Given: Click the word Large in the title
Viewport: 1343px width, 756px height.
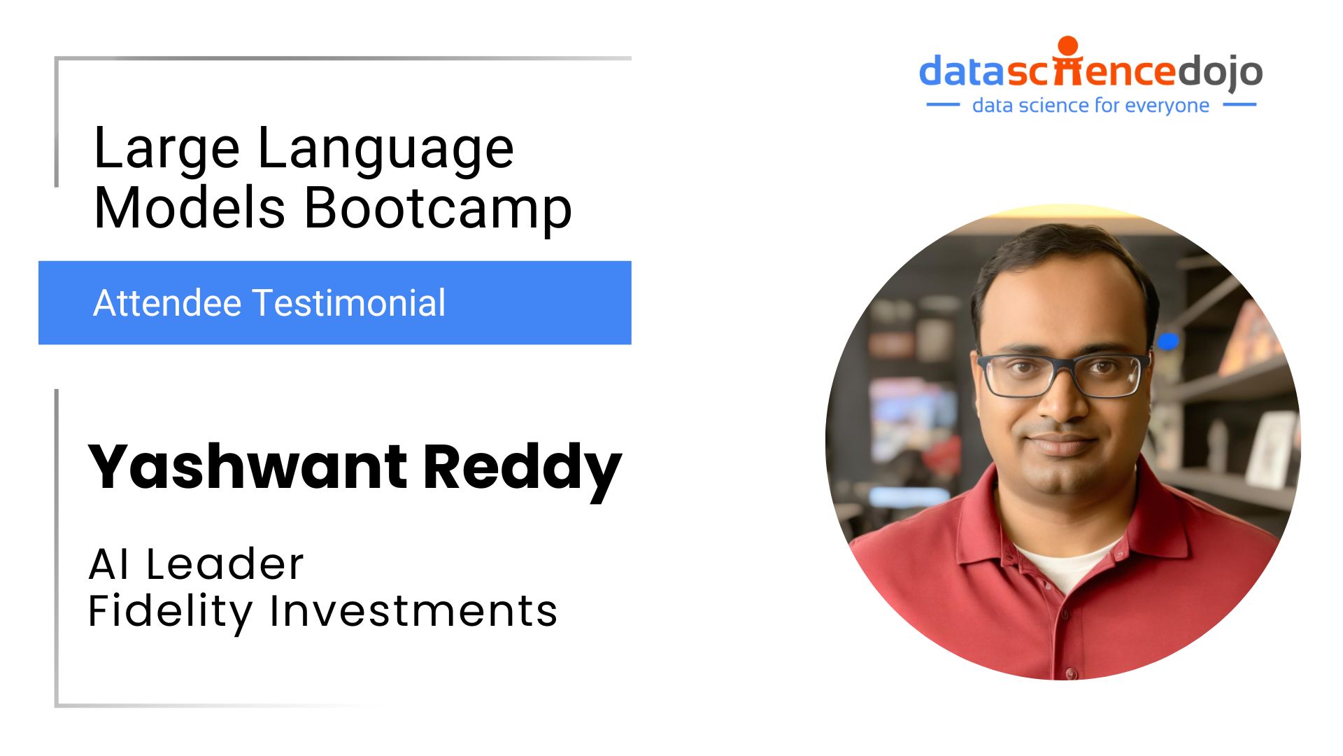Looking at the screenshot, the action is pos(166,150).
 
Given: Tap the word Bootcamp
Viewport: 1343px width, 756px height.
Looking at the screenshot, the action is pos(438,209).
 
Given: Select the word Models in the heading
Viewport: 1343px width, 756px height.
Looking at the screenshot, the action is pos(190,208).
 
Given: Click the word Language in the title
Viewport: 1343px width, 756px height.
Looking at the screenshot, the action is pos(386,150).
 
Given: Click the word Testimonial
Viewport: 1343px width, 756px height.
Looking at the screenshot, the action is pos(349,303).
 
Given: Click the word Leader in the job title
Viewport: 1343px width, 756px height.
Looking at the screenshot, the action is pos(225,564).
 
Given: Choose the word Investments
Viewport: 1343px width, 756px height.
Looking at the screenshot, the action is pos(413,610).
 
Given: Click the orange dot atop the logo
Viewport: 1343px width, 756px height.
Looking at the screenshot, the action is pos(1068,45).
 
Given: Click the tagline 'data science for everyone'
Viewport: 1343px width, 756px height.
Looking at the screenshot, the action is pos(1090,106).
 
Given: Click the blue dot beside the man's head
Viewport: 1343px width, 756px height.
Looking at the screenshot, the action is pos(1167,341).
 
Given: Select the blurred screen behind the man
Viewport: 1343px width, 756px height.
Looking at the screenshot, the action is pos(909,420).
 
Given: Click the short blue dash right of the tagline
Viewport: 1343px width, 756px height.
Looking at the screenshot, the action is pos(1239,105).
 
